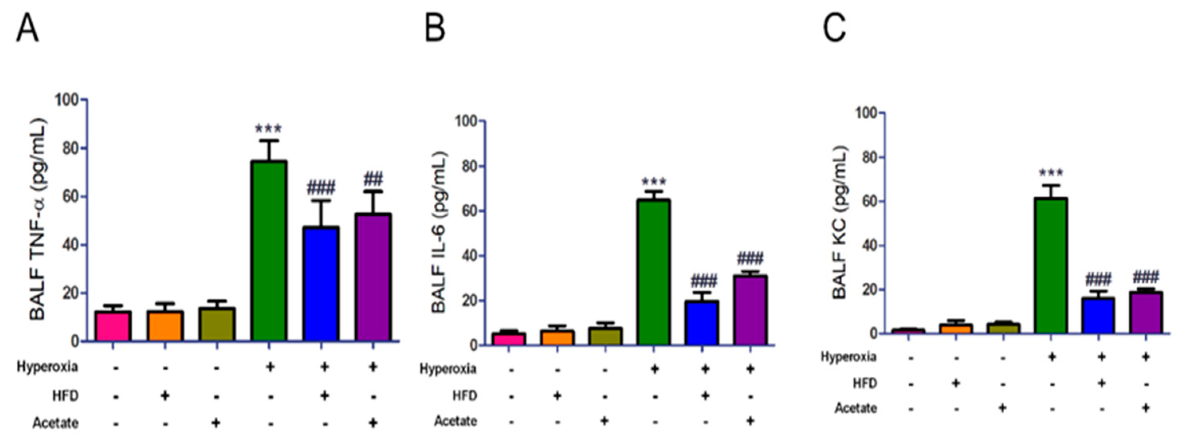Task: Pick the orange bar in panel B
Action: tap(557, 338)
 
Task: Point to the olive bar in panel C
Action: tap(1003, 329)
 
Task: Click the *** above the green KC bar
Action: tap(1051, 173)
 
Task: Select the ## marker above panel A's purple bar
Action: tap(373, 179)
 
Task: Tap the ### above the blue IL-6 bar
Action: tap(703, 280)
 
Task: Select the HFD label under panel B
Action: tap(464, 396)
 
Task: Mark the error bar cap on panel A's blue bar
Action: tap(323, 201)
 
